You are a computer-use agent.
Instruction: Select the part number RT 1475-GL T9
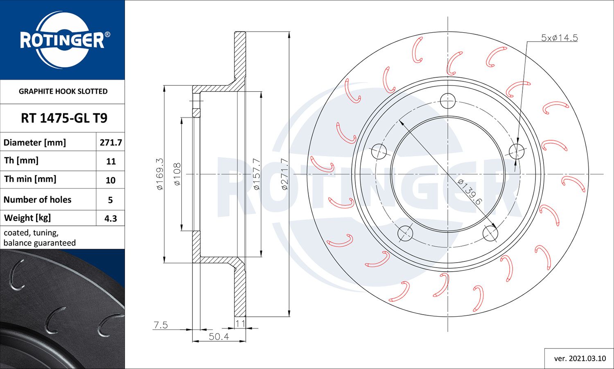pyautogui.click(x=64, y=118)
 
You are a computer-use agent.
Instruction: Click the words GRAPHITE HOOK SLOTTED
pyautogui.click(x=63, y=91)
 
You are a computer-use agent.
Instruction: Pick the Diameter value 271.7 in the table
pyautogui.click(x=111, y=142)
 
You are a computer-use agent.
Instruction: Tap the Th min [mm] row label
pyautogui.click(x=30, y=179)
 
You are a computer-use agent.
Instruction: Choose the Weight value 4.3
pyautogui.click(x=111, y=218)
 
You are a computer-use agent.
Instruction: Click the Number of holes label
pyautogui.click(x=37, y=200)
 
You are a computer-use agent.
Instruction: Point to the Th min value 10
pyautogui.click(x=111, y=180)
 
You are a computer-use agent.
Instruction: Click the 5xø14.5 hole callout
pyautogui.click(x=559, y=38)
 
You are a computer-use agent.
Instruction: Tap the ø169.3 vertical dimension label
pyautogui.click(x=160, y=174)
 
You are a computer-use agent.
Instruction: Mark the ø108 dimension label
pyautogui.click(x=177, y=174)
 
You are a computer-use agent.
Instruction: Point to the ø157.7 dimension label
pyautogui.click(x=256, y=174)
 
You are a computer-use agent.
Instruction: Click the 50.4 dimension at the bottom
pyautogui.click(x=219, y=336)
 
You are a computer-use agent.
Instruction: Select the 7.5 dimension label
pyautogui.click(x=160, y=325)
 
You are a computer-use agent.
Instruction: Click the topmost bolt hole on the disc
pyautogui.click(x=448, y=101)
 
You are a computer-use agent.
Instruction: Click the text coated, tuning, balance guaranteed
pyautogui.click(x=40, y=238)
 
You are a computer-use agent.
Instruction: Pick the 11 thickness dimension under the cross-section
pyautogui.click(x=240, y=323)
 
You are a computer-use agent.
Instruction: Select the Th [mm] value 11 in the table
pyautogui.click(x=111, y=162)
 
